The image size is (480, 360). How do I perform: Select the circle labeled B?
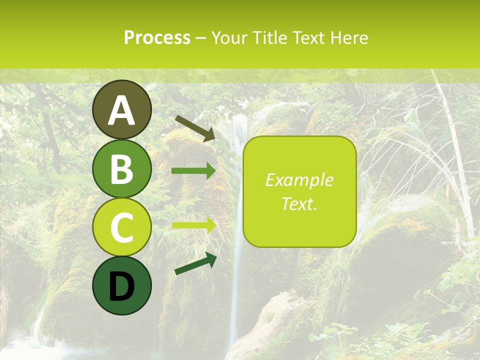click(x=121, y=168)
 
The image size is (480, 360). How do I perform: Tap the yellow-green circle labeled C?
click(x=121, y=226)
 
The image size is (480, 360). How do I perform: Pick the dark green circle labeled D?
click(x=121, y=285)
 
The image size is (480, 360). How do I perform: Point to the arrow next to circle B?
click(x=193, y=171)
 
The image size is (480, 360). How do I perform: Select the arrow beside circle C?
click(x=193, y=224)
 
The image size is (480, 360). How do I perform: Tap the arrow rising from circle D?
click(x=195, y=264)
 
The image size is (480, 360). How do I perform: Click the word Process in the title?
click(x=157, y=37)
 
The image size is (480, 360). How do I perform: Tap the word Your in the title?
click(x=230, y=37)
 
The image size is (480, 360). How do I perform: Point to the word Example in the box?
click(x=299, y=180)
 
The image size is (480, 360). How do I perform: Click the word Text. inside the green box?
click(x=299, y=203)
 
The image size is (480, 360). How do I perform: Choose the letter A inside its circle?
click(x=121, y=111)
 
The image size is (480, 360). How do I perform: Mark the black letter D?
click(x=121, y=287)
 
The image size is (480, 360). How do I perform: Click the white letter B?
click(x=121, y=169)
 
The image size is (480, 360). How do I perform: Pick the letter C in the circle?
click(x=121, y=227)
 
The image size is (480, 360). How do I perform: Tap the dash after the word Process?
click(x=201, y=38)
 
